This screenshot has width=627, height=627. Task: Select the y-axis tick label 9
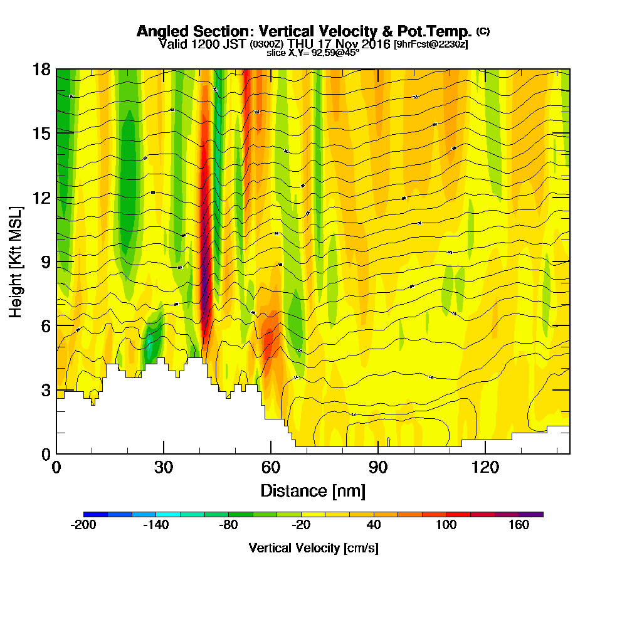(45, 261)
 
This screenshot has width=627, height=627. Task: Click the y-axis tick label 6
(45, 325)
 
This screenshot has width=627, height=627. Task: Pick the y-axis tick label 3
(45, 390)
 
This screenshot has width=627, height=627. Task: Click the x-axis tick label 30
(164, 467)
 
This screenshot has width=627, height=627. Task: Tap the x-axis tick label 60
(271, 467)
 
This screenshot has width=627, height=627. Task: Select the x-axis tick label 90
(378, 467)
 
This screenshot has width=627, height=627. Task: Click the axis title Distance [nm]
(313, 490)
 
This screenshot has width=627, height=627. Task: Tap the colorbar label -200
(83, 525)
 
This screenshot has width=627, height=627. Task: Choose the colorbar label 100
(446, 525)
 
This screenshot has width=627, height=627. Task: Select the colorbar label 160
(519, 525)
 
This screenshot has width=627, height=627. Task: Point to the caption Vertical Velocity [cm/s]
(313, 548)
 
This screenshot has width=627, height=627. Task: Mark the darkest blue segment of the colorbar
(95, 514)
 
